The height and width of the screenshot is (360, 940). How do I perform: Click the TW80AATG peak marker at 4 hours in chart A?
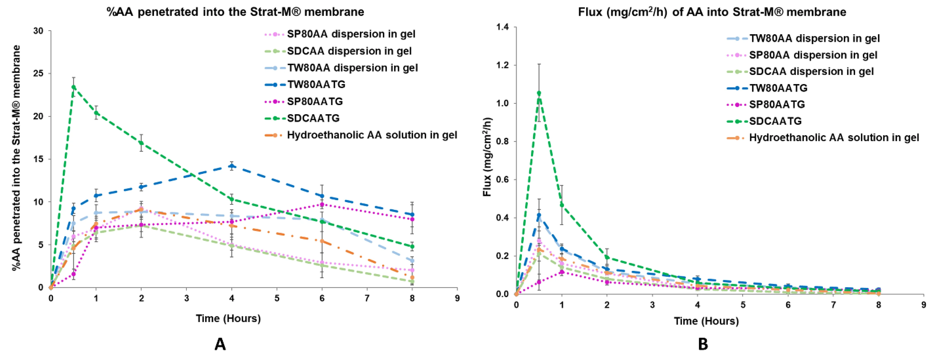[231, 166]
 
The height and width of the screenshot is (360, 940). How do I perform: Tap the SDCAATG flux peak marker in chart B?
[539, 93]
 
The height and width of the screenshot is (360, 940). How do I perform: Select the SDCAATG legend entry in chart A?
[313, 118]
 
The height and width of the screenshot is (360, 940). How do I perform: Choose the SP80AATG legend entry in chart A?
[314, 101]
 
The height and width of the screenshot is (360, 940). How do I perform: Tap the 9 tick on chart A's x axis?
[457, 298]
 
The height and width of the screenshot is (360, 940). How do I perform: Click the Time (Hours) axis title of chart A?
[228, 318]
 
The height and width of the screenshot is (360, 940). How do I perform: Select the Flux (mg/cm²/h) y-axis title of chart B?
[487, 157]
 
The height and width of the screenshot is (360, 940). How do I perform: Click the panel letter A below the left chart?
[220, 344]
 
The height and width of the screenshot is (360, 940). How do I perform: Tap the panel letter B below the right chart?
[703, 344]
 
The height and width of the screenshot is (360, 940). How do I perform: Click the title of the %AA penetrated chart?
[235, 12]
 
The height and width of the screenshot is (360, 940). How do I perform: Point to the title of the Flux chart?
[712, 12]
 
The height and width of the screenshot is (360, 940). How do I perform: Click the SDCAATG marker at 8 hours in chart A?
[412, 247]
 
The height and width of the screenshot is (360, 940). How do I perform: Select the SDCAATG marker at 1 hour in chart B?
[562, 205]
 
